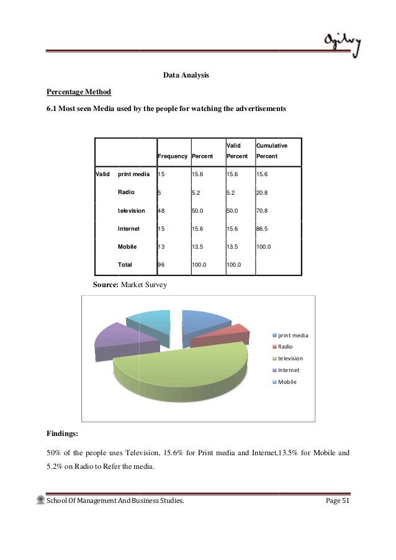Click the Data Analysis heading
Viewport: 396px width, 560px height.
tap(186, 76)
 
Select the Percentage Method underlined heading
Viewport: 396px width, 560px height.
tap(79, 92)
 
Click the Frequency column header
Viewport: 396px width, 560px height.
tap(173, 156)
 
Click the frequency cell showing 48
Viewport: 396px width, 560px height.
tap(162, 210)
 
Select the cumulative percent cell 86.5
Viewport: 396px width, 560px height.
tap(264, 228)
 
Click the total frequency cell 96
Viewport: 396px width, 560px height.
tap(162, 264)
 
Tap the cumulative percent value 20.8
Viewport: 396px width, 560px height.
tap(264, 193)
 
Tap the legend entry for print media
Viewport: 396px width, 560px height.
tap(292, 335)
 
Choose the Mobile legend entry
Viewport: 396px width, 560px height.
tap(287, 381)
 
